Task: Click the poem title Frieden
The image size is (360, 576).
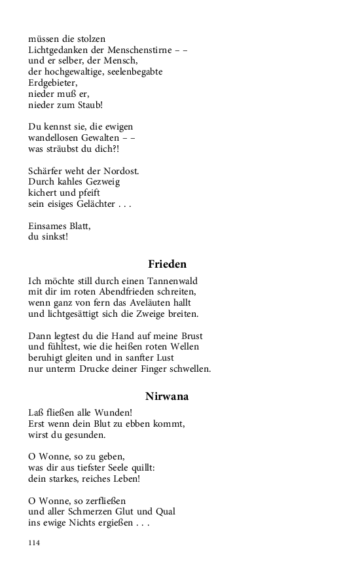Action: [167, 264]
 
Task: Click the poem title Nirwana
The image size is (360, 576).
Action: [167, 396]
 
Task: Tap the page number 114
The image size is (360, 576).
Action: [34, 543]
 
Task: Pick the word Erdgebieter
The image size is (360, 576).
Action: [52, 82]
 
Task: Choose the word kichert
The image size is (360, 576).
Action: [44, 193]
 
